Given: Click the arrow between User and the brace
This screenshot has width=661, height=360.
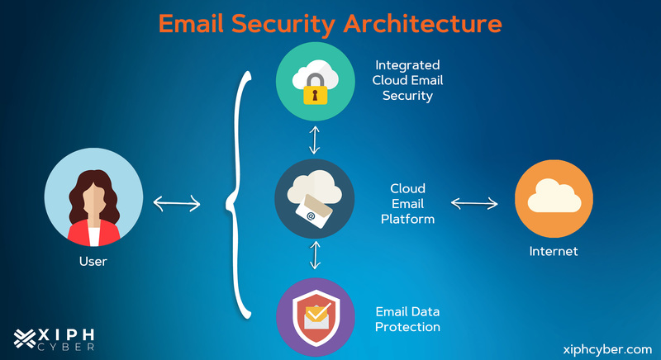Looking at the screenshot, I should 177,201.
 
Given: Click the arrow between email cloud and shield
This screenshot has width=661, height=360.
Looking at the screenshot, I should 314,254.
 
